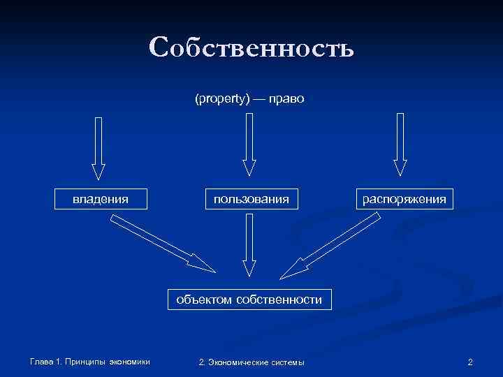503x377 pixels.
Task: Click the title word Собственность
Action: pyautogui.click(x=251, y=47)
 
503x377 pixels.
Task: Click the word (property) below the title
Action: pyautogui.click(x=222, y=99)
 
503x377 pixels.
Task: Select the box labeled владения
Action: pyautogui.click(x=101, y=199)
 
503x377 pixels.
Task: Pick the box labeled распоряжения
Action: pyautogui.click(x=404, y=199)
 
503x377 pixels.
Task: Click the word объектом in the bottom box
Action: pyautogui.click(x=204, y=300)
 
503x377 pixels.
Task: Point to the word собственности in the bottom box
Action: pyautogui.click(x=279, y=300)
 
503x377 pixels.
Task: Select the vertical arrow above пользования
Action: pyautogui.click(x=249, y=145)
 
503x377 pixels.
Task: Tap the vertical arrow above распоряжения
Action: pyautogui.click(x=400, y=144)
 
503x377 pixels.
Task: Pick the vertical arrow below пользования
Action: pyautogui.click(x=249, y=244)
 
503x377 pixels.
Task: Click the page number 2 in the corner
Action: pyautogui.click(x=470, y=362)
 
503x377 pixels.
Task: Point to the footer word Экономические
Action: pyautogui.click(x=239, y=362)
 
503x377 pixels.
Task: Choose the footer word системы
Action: pyautogui.click(x=289, y=362)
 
